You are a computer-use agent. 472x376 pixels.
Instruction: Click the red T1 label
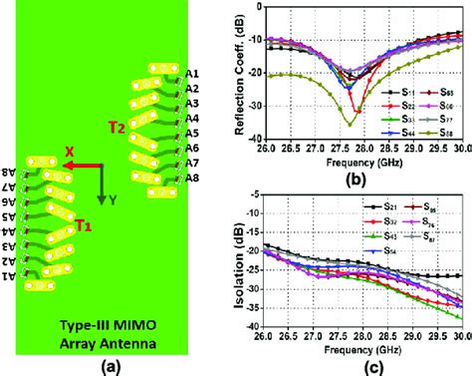pos(85,227)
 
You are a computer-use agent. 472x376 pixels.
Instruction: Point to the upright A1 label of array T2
pos(192,74)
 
